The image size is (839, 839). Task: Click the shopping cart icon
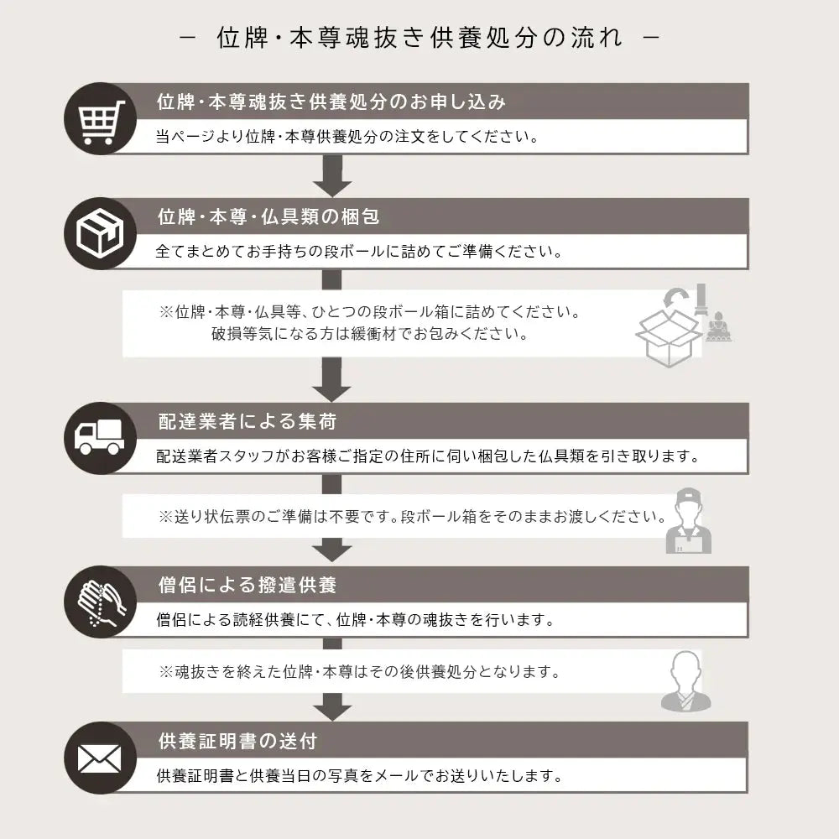click(101, 122)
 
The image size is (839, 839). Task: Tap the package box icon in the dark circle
click(100, 233)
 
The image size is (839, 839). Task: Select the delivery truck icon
click(99, 437)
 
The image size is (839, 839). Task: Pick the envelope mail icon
click(100, 758)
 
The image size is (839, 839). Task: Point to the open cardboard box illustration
click(669, 337)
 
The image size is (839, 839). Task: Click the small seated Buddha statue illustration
click(718, 326)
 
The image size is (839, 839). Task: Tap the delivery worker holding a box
click(689, 521)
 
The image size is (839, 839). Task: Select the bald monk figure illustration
click(686, 681)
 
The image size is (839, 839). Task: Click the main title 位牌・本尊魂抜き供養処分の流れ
click(419, 38)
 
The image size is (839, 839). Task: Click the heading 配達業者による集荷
click(248, 422)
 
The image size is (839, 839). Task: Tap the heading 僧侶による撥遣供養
click(248, 585)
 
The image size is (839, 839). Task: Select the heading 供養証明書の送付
click(237, 741)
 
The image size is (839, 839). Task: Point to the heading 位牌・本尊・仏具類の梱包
click(268, 216)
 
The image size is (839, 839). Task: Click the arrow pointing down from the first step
click(331, 176)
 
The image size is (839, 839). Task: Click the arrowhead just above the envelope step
click(332, 707)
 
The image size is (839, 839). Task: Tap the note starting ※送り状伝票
click(413, 516)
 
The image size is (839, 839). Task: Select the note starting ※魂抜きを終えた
click(360, 671)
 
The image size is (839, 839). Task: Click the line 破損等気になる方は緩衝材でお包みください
click(370, 334)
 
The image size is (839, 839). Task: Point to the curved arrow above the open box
click(676, 298)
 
